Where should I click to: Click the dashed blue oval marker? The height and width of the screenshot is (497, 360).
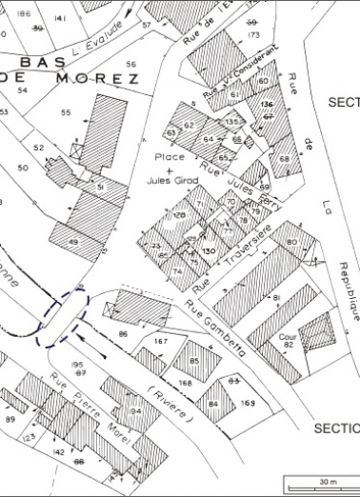coord(63,315)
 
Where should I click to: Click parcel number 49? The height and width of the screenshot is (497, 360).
coord(73,244)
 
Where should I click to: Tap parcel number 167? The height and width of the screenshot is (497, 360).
coord(160,341)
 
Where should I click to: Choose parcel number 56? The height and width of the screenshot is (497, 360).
coord(130,64)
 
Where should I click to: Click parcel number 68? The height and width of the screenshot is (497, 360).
coord(284,157)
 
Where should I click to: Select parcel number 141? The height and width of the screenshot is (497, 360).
coord(61,18)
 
